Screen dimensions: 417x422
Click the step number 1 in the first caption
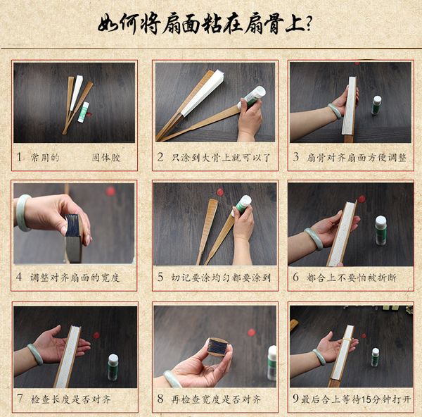coord(20,157)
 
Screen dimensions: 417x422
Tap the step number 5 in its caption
coord(161,278)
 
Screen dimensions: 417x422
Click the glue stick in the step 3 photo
coord(377,105)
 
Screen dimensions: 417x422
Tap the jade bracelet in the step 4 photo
coord(23,213)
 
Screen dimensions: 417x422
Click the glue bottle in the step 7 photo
coord(113,366)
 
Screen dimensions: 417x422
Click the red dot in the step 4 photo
coord(110,191)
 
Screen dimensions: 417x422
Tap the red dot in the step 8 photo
coord(251,332)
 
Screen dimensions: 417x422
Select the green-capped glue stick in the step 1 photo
coord(84,111)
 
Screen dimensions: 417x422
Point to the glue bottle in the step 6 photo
coord(381,230)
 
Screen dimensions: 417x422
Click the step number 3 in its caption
coord(296,157)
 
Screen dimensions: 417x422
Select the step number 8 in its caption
coord(161,399)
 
